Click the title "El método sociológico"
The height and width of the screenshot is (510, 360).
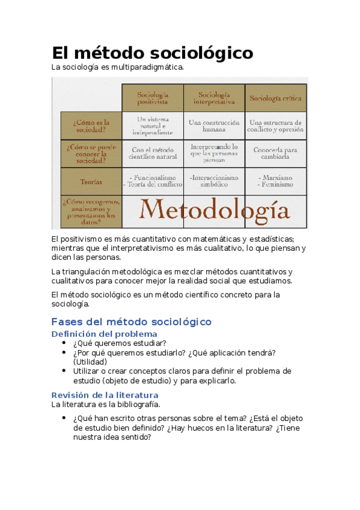coord(153,53)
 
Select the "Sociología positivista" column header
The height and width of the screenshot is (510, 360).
coord(153,98)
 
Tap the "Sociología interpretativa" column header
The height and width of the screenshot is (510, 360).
coord(214,98)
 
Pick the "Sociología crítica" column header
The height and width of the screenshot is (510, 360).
coord(276,98)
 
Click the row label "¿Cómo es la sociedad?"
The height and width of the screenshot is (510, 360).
coord(91,125)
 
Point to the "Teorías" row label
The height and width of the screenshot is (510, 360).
coord(91,181)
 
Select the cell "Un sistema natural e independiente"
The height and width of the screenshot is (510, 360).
coord(153,125)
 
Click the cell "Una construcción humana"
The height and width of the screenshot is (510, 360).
coord(214,125)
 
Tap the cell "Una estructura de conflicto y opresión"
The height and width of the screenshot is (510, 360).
coord(276,125)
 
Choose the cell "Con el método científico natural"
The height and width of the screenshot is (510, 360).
coord(153,153)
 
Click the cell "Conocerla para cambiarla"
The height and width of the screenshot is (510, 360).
coord(276,153)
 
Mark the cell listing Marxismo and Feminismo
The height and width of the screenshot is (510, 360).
coord(276,181)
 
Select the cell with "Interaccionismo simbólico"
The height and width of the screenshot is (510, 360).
coord(214,181)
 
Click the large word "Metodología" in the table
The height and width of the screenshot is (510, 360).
coord(214,210)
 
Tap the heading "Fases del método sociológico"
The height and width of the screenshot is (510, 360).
coord(132,322)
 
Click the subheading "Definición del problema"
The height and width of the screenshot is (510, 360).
coord(105,334)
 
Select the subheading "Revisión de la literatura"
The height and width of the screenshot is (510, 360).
coord(105,395)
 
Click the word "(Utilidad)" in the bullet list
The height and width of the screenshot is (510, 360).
coord(90,362)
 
